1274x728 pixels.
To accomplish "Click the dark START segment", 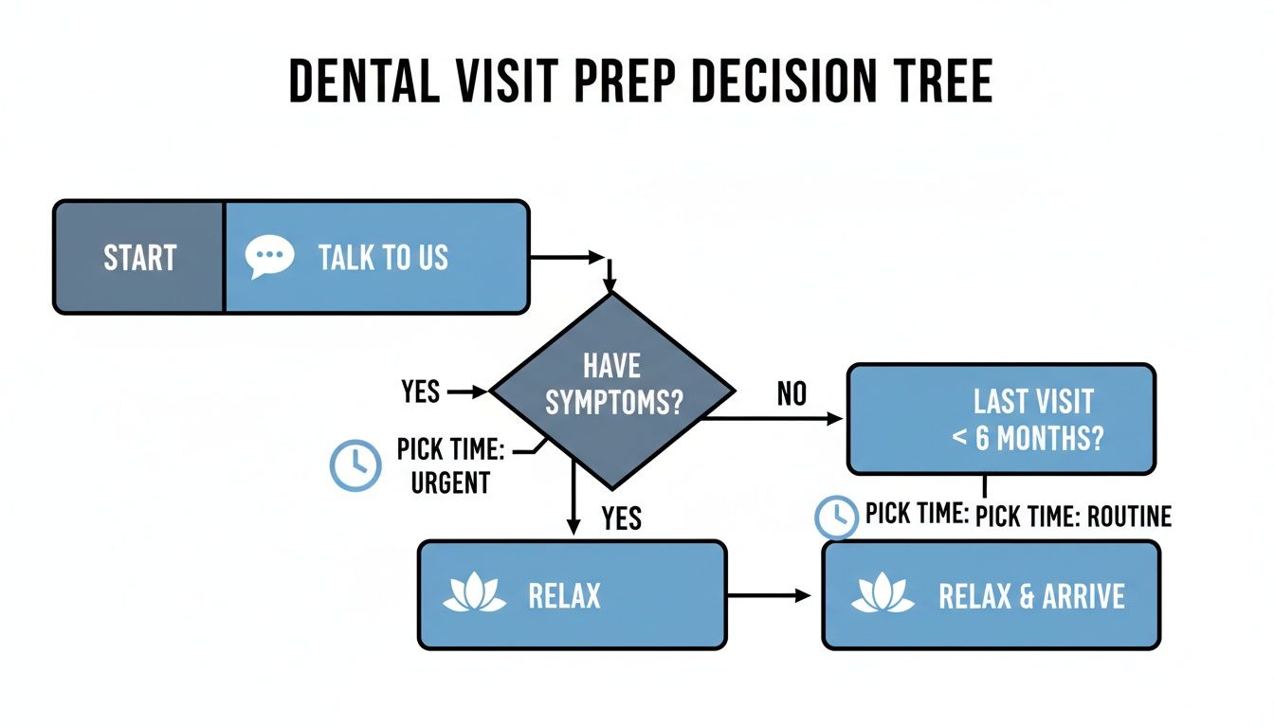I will [x=139, y=257].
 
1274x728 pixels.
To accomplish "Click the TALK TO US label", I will [x=383, y=257].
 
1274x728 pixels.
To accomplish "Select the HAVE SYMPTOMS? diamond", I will [x=612, y=390].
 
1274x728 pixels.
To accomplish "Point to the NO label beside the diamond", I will [x=792, y=393].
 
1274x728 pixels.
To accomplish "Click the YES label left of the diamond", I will [x=420, y=391].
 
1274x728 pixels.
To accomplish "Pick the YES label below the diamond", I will [x=621, y=518].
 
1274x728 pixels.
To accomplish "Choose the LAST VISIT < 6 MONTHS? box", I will [x=1001, y=418].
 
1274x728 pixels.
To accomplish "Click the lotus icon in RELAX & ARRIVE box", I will [x=882, y=594].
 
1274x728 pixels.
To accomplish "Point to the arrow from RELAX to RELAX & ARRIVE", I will [x=768, y=595].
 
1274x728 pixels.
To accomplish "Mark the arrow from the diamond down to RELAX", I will [x=573, y=498].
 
